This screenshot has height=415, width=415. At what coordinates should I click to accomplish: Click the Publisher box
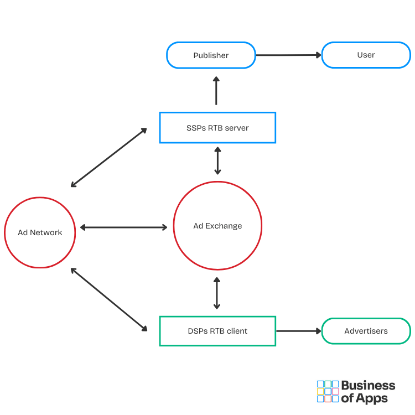point(211,55)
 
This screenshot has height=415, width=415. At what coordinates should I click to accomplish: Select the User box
point(366,55)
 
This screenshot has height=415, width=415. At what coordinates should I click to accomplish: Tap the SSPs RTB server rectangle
point(217,128)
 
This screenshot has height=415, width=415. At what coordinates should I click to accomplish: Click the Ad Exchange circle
point(217,226)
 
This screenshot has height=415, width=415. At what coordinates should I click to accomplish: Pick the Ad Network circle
point(40,232)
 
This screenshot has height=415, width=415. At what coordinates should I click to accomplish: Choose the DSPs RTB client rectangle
point(217,331)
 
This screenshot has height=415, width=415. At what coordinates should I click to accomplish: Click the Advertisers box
point(366,331)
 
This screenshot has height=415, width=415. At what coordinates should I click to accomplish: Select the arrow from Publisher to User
point(288,55)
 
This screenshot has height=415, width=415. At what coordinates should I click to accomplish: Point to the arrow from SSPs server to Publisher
point(216,91)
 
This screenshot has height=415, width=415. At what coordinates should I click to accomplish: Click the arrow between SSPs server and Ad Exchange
point(217,160)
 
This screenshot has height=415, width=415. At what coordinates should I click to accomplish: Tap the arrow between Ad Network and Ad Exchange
point(124,227)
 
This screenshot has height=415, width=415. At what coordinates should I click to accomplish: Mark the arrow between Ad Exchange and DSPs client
point(217,294)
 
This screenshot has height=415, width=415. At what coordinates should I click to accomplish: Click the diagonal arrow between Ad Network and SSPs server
point(109,157)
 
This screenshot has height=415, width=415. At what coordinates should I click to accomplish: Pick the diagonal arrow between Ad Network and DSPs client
point(109,299)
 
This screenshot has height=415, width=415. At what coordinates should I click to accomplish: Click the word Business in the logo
point(368,386)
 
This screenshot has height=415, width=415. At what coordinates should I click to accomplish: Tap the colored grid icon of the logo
point(328,391)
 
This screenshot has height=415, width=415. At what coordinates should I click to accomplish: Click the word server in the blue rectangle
point(236,128)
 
